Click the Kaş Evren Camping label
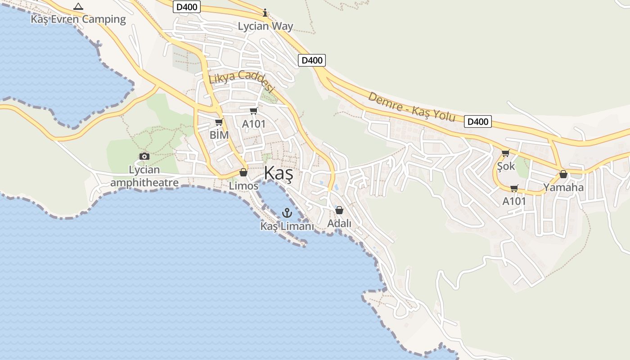pos(78,19)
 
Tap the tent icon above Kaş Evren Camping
pos(78,7)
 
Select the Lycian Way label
pos(265,26)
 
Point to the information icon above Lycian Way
pos(265,13)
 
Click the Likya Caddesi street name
pos(242,81)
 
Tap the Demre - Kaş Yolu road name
pos(412,107)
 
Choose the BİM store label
pos(219,135)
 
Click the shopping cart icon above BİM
pos(219,122)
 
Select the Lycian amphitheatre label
pos(144,176)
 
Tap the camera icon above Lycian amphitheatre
pos(144,156)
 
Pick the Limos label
pos(243,185)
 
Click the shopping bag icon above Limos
pos(243,172)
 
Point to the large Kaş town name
pos(279,173)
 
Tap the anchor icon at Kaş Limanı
pos(287,212)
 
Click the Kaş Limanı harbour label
pos(287,226)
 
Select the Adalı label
pos(339,223)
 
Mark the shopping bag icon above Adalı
pos(339,210)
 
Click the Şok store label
pos(506,166)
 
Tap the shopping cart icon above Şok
pos(505,153)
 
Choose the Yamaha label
pos(563,187)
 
